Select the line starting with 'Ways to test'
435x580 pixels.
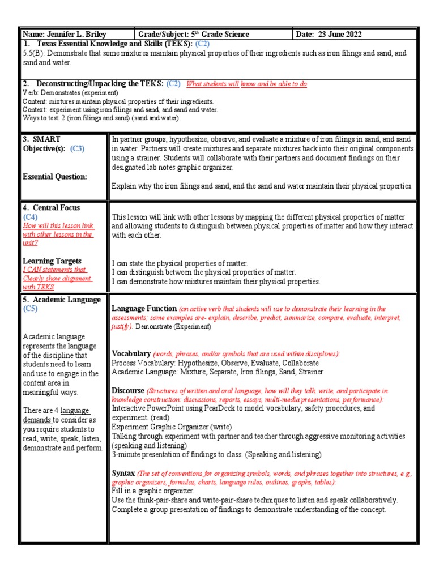pyautogui.click(x=101, y=118)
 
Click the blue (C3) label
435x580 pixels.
pyautogui.click(x=77, y=148)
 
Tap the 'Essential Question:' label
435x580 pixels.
pyautogui.click(x=55, y=177)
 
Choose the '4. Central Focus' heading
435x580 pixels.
pyautogui.click(x=51, y=208)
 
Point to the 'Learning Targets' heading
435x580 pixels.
pyautogui.click(x=52, y=261)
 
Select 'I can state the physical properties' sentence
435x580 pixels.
pyautogui.click(x=180, y=263)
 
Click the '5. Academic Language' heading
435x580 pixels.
pyautogui.click(x=61, y=300)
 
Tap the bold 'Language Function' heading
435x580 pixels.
pyautogui.click(x=144, y=309)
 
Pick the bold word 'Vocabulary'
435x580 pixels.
pyautogui.click(x=131, y=353)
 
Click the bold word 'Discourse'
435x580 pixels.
pyautogui.click(x=128, y=391)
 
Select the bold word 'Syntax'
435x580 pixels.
pyautogui.click(x=123, y=473)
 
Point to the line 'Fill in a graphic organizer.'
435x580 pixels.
pyautogui.click(x=153, y=491)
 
